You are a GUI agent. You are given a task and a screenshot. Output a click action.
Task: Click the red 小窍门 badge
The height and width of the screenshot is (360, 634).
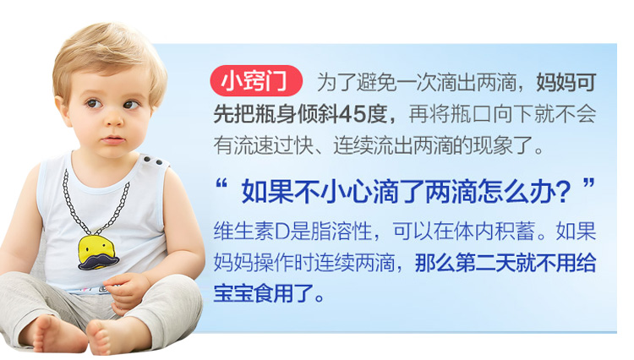256,80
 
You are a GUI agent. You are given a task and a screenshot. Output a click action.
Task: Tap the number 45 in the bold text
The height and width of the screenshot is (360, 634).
352,114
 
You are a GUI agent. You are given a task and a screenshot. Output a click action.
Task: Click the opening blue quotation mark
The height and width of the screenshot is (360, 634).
221,185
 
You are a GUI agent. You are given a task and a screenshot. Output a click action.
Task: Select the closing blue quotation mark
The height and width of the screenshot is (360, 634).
588,185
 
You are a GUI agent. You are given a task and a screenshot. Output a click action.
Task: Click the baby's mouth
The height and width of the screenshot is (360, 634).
113,139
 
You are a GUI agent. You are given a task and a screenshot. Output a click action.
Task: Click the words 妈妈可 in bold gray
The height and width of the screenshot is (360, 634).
566,83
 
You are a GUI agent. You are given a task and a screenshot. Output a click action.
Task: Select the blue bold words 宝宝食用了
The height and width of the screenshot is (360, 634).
264,293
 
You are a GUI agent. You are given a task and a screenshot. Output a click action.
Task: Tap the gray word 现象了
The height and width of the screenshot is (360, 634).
504,145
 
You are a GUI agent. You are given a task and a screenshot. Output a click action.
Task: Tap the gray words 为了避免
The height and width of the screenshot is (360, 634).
356,83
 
